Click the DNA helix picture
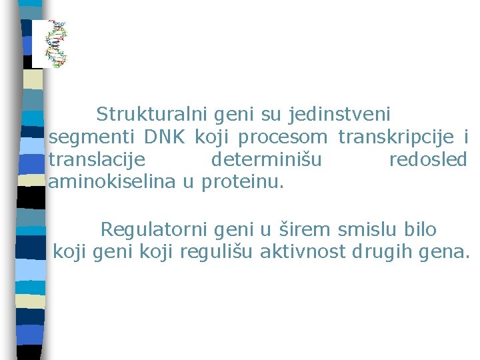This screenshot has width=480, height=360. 56,44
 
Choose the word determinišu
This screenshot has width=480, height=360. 266,160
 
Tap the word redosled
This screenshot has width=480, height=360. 427,160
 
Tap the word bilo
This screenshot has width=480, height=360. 420,230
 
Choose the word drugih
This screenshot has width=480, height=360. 381,252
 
